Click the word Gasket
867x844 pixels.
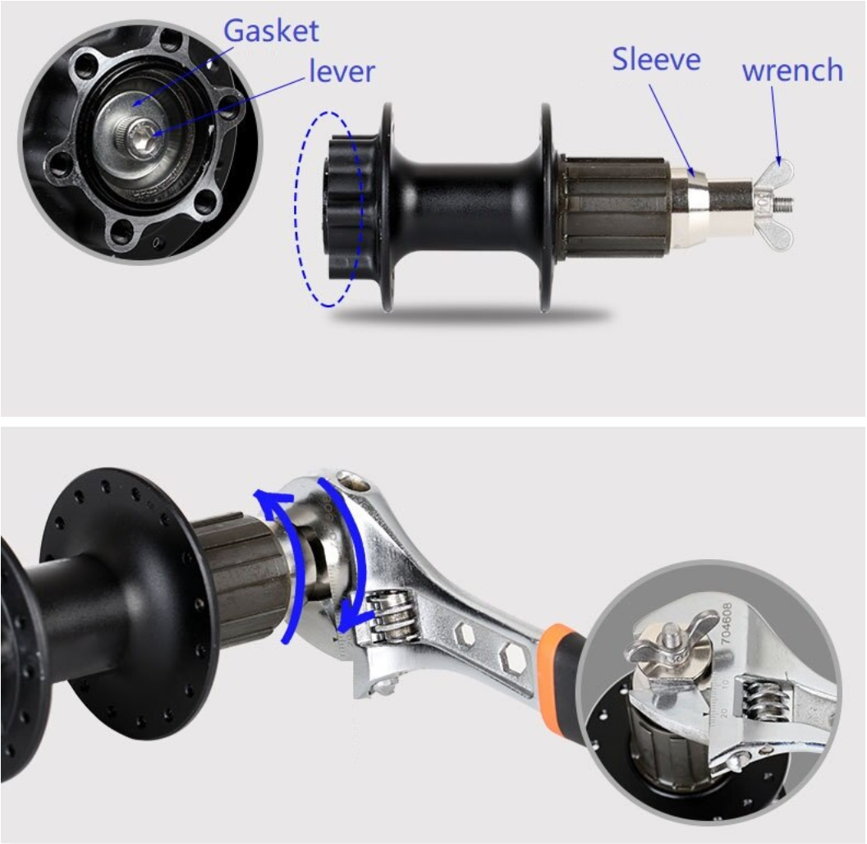271,31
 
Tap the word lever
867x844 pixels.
342,71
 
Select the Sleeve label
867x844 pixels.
656,59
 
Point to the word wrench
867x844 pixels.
792,71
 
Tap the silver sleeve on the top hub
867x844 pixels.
689,206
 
